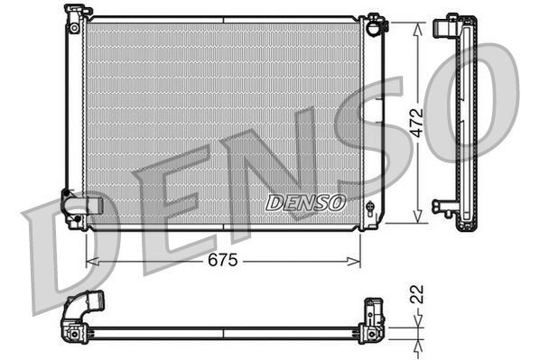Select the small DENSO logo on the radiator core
pyautogui.click(x=305, y=203)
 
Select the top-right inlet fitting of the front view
pyautogui.click(x=375, y=23)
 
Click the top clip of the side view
pyautogui.click(x=446, y=24)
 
